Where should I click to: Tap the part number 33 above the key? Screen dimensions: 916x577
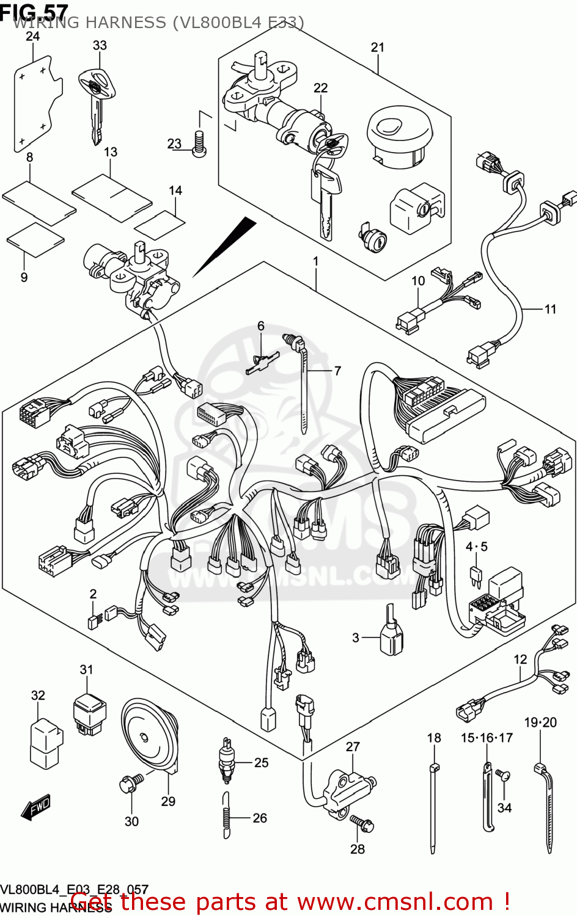click(x=100, y=45)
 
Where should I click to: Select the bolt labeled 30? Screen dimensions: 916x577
click(x=130, y=783)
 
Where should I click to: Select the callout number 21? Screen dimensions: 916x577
click(x=378, y=47)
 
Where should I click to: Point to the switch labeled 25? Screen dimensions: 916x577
click(x=227, y=761)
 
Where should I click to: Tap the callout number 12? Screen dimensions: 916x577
click(x=520, y=660)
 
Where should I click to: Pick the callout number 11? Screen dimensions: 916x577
click(x=550, y=309)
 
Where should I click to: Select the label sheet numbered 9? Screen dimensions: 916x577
click(x=35, y=239)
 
